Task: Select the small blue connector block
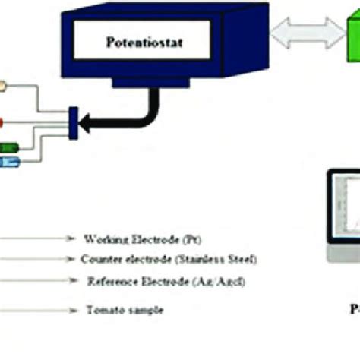(73, 123)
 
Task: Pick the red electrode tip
(3, 120)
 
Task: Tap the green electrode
(11, 147)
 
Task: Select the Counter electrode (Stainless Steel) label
(168, 260)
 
